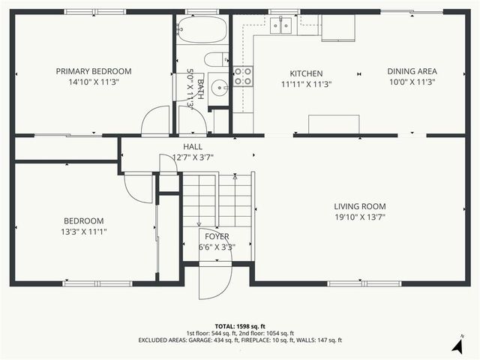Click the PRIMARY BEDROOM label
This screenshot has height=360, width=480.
[94, 71]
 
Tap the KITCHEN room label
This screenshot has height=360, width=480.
[306, 73]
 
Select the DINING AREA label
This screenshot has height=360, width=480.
[412, 71]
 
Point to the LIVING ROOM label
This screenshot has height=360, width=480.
[360, 206]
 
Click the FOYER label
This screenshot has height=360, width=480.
[217, 236]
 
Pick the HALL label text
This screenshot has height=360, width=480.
[193, 146]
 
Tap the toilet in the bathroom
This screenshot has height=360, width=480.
[216, 59]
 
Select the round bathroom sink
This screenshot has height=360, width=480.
[219, 85]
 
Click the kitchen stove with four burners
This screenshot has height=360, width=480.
[243, 76]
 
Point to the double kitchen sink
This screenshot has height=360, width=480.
[282, 26]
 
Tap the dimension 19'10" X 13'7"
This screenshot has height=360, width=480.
[360, 217]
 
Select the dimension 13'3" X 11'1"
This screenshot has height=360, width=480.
[84, 232]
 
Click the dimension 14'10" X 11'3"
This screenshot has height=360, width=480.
[94, 82]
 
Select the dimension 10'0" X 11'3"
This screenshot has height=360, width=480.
[412, 82]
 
